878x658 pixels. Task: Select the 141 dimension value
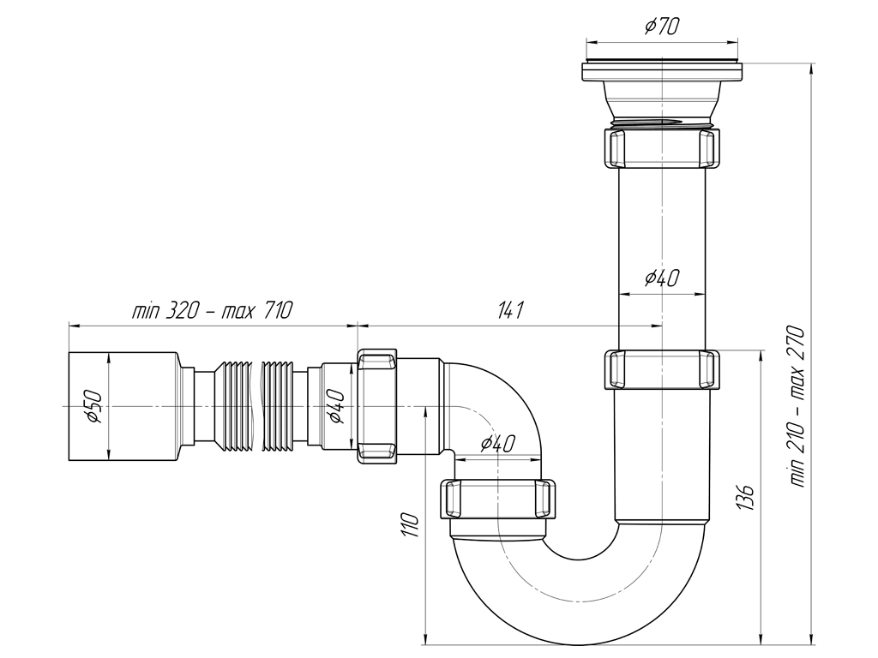coord(510,309)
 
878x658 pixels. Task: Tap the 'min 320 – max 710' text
coord(213,309)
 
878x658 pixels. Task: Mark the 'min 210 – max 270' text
coord(797,406)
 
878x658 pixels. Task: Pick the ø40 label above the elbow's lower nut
coord(497,444)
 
